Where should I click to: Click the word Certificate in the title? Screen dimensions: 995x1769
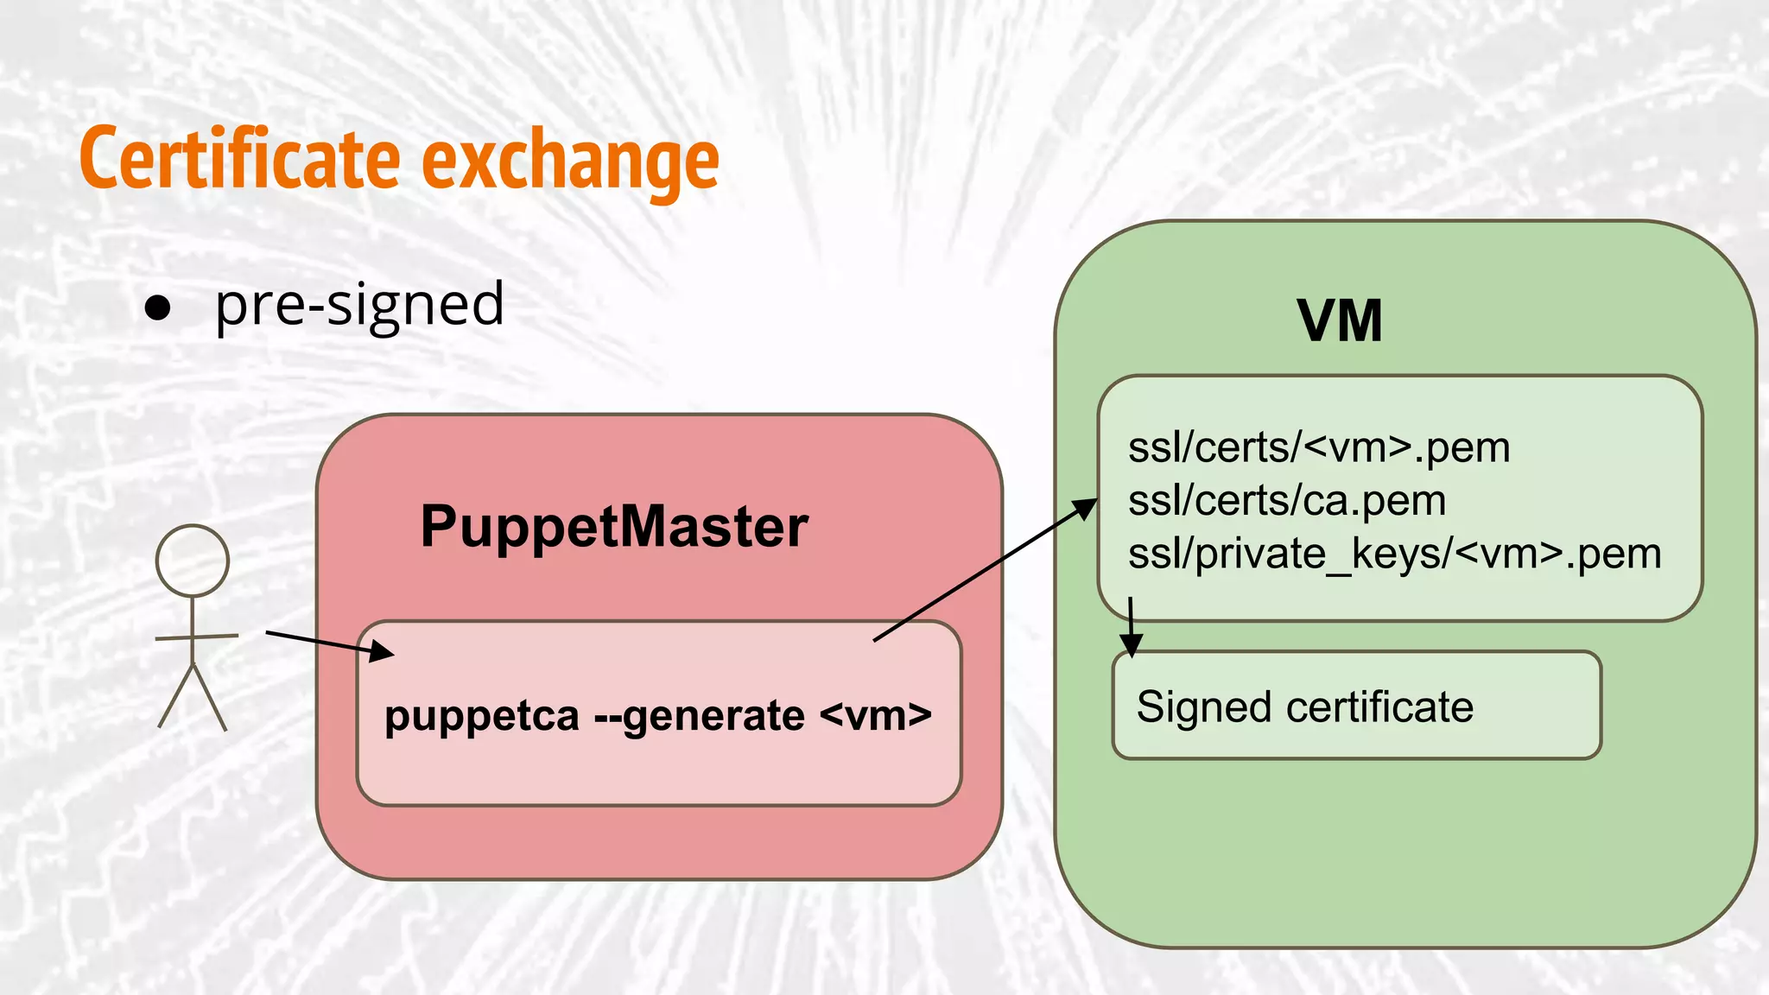click(x=239, y=160)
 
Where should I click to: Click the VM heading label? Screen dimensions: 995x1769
click(x=1340, y=321)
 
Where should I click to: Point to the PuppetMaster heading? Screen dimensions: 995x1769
click(x=614, y=526)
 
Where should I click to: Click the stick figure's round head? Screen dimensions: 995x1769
click(x=193, y=561)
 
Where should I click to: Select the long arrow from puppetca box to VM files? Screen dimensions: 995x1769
click(x=985, y=570)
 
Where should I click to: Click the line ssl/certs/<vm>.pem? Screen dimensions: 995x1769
click(x=1319, y=447)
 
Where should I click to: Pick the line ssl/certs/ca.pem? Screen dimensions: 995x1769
click(x=1287, y=500)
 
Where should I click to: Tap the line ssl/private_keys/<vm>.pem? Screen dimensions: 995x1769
click(x=1394, y=554)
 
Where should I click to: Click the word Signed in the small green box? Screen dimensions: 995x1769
click(x=1204, y=707)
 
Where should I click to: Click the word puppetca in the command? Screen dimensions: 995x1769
click(x=482, y=716)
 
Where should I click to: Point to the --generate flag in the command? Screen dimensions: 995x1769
click(x=700, y=716)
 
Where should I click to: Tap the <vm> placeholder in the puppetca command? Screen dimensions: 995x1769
click(x=876, y=716)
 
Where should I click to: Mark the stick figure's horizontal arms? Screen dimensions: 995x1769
click(x=196, y=637)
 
